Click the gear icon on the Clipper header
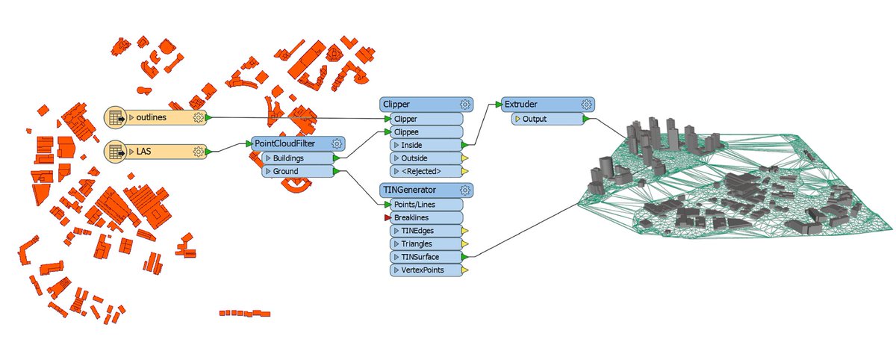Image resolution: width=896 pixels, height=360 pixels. (x=464, y=105)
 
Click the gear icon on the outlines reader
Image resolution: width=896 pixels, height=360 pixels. (x=198, y=117)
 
